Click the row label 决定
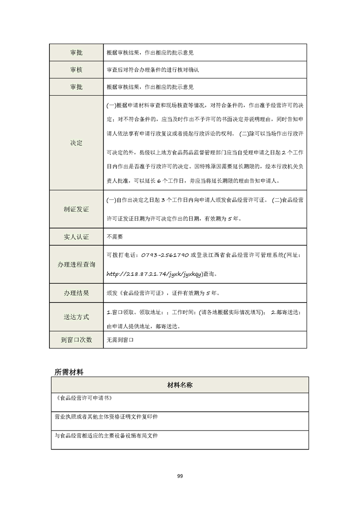[76, 143]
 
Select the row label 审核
[76, 70]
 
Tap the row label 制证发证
[76, 210]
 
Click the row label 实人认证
[76, 237]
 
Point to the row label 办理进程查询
[76, 264]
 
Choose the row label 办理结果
[76, 293]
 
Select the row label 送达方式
[76, 317]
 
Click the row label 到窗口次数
[76, 339]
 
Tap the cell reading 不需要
[114, 237]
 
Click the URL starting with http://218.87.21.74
[154, 274]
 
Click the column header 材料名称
[180, 385]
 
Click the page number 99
[180, 476]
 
